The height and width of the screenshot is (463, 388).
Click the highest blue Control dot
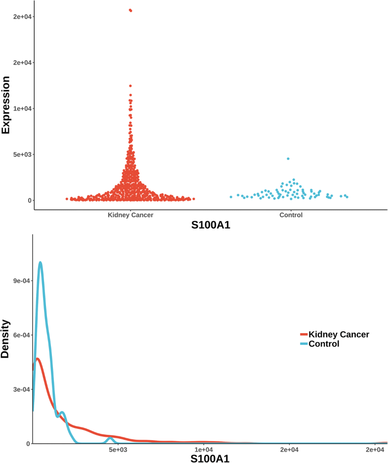288,158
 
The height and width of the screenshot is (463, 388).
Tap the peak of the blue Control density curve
40,263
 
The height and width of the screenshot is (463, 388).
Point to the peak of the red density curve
38,359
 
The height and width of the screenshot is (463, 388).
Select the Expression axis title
6,105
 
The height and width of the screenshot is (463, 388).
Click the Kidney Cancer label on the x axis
130,215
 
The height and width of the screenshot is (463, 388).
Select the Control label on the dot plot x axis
291,215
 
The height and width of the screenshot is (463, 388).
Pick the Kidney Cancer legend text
339,335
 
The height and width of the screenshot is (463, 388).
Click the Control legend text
324,344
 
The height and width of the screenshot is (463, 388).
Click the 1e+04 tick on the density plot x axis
204,449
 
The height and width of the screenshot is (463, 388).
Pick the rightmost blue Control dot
347,197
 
